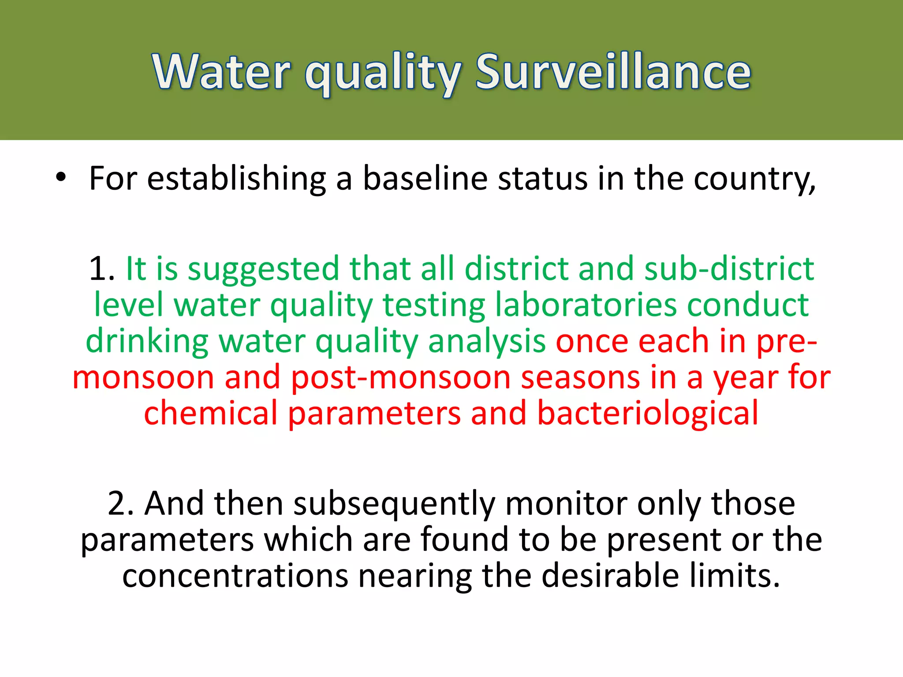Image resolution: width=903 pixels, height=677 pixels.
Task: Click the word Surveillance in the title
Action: click(613, 72)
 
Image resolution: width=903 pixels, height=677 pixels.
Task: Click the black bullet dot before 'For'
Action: click(61, 177)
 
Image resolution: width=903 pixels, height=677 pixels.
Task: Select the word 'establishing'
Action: click(236, 179)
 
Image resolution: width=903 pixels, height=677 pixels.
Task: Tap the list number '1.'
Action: click(101, 268)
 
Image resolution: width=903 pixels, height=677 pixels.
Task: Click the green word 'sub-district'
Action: click(729, 268)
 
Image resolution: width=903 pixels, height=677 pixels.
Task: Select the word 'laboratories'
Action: click(586, 305)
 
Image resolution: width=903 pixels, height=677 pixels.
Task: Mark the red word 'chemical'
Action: click(211, 413)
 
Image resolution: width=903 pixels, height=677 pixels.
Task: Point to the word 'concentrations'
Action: click(235, 576)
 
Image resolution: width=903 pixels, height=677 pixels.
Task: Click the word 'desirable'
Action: click(610, 576)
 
